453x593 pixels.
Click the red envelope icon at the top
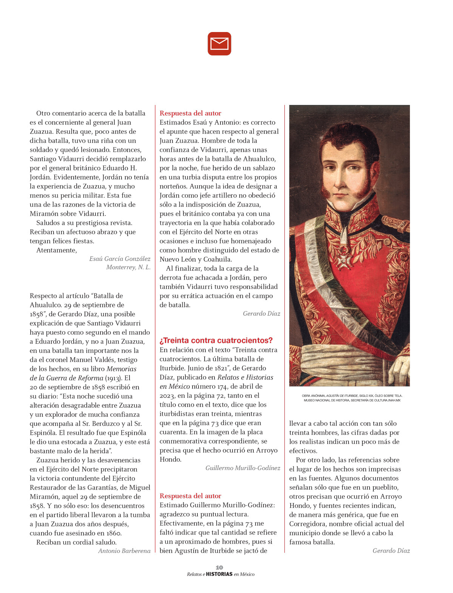pyautogui.click(x=219, y=44)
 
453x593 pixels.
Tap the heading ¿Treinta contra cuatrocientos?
pyautogui.click(x=216, y=340)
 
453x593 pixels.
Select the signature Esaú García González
pyautogui.click(x=120, y=259)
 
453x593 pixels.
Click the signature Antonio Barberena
pyautogui.click(x=124, y=551)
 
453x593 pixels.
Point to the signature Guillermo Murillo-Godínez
pyautogui.click(x=243, y=468)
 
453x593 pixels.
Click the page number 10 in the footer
pyautogui.click(x=219, y=567)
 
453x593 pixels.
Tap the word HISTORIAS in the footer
pyautogui.click(x=219, y=574)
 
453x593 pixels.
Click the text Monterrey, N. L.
pyautogui.click(x=128, y=267)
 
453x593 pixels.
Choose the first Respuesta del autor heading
pyautogui.click(x=190, y=113)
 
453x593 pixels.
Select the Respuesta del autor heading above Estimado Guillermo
pyautogui.click(x=190, y=496)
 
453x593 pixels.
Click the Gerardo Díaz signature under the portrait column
pyautogui.click(x=391, y=551)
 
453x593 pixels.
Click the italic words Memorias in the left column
pyautogui.click(x=122, y=369)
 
